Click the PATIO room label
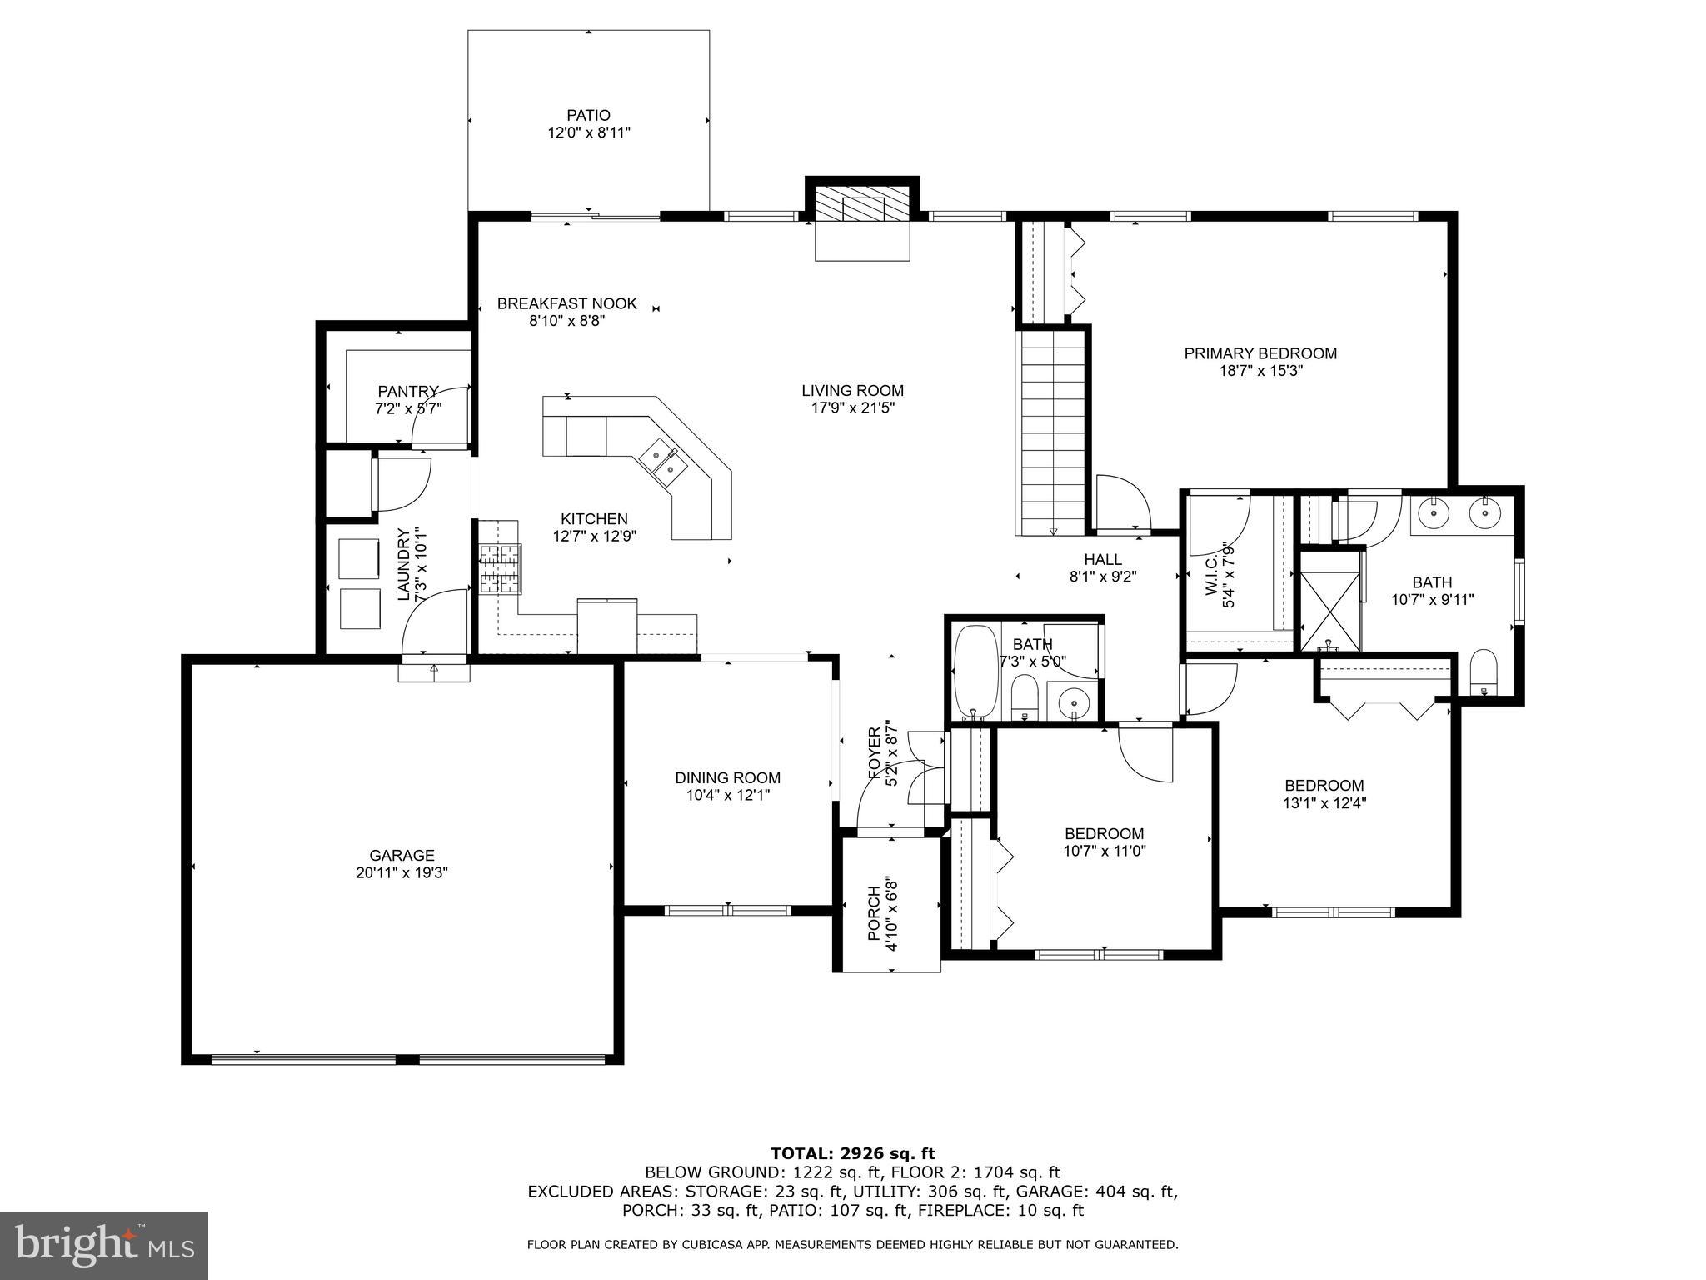click(x=589, y=116)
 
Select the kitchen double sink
click(x=663, y=463)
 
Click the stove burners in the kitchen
click(x=499, y=568)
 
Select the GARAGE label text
click(x=402, y=856)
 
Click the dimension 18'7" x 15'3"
click(x=1260, y=371)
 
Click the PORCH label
click(x=874, y=913)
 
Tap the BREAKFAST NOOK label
click(x=566, y=303)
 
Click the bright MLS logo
click(x=104, y=1245)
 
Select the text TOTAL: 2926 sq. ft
click(x=852, y=1154)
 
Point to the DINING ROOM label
click(x=727, y=778)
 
